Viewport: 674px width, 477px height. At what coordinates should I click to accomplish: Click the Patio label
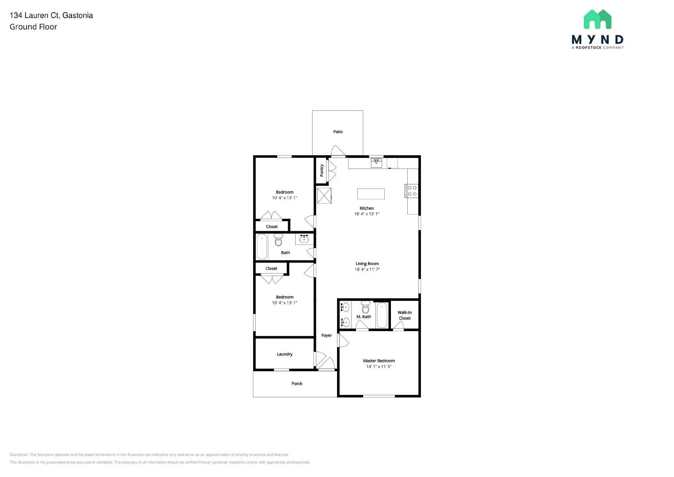338,132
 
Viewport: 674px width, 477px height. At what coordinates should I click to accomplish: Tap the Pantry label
322,170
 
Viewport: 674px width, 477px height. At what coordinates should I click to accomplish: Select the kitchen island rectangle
371,194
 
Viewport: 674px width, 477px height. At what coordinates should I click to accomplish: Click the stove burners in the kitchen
412,191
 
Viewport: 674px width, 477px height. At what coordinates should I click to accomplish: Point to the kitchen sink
376,163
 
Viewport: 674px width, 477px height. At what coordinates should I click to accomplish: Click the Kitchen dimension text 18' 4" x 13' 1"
366,214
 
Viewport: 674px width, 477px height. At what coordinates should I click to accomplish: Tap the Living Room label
367,264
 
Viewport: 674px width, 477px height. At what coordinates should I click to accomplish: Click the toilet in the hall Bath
278,241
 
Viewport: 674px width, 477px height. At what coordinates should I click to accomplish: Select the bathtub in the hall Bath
262,247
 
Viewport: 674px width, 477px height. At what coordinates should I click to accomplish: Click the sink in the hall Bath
304,239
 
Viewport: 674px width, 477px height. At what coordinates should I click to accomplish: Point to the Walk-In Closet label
404,316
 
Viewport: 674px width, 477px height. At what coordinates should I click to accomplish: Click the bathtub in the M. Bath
382,315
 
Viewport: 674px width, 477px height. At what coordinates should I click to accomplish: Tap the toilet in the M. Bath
365,308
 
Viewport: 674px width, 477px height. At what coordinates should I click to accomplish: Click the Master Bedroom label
379,361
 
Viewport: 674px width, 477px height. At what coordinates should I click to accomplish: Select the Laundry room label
284,354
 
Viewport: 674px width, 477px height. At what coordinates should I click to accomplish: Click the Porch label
297,384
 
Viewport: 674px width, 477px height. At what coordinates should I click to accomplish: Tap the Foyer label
326,335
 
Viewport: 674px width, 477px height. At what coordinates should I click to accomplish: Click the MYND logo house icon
597,19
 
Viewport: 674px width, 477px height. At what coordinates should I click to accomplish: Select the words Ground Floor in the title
33,27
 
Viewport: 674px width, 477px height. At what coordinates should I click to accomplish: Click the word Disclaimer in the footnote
19,455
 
